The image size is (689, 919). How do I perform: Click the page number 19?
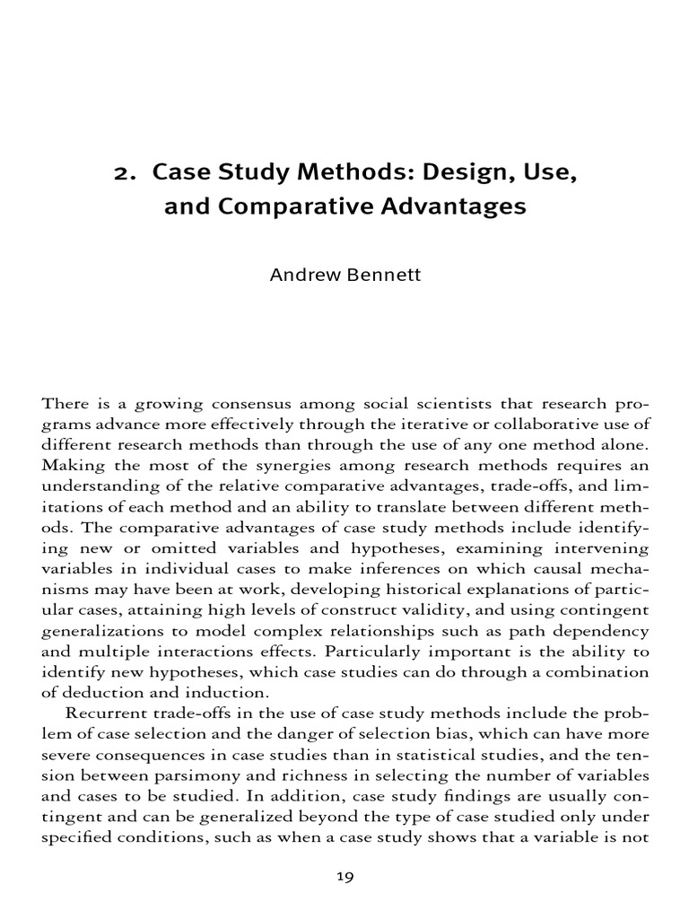[344, 878]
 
